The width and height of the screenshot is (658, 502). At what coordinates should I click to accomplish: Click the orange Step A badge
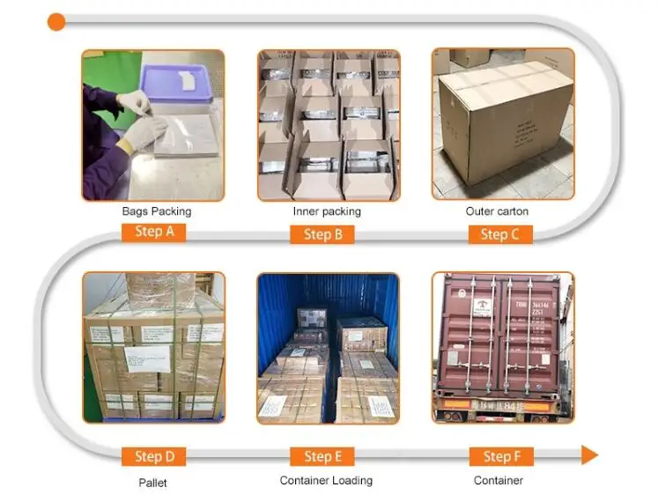point(153,233)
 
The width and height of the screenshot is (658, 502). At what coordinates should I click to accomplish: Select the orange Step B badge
point(322,234)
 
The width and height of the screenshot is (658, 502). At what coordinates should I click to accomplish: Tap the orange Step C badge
point(499,234)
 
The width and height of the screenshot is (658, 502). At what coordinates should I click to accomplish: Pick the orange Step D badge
point(154,457)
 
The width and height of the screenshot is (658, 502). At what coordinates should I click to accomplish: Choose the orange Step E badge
point(322,456)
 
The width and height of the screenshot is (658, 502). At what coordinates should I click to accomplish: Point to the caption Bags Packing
point(156,211)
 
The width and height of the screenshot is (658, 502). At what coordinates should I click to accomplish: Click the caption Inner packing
point(327,211)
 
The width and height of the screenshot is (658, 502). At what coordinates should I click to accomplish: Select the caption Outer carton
point(497,211)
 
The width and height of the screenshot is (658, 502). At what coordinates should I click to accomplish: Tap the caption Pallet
point(152,483)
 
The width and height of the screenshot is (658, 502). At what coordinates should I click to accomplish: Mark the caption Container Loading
point(326,481)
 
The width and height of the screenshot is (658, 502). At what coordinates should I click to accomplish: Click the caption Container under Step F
point(499,481)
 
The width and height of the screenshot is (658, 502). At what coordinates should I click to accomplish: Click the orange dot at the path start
point(56,21)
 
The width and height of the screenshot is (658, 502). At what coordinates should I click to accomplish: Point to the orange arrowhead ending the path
point(589,455)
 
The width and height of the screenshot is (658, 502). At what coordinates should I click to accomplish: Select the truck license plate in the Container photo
point(485,408)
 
